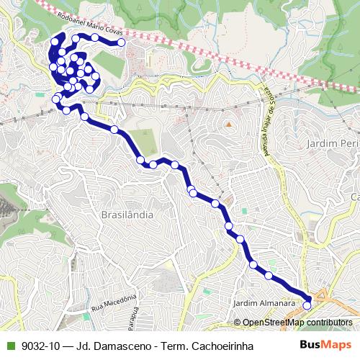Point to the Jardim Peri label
pyautogui.click(x=332, y=144)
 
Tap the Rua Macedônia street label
pyautogui.click(x=114, y=303)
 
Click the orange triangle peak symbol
pyautogui.click(x=228, y=124)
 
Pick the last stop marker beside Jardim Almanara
pyautogui.click(x=307, y=305)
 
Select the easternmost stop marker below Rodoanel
pyautogui.click(x=122, y=43)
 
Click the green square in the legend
pyautogui.click(x=9, y=346)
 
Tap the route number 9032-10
pyautogui.click(x=40, y=346)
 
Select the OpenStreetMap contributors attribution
pyautogui.click(x=297, y=323)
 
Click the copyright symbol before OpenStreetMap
pyautogui.click(x=238, y=323)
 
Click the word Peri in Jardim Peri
pyautogui.click(x=348, y=144)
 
